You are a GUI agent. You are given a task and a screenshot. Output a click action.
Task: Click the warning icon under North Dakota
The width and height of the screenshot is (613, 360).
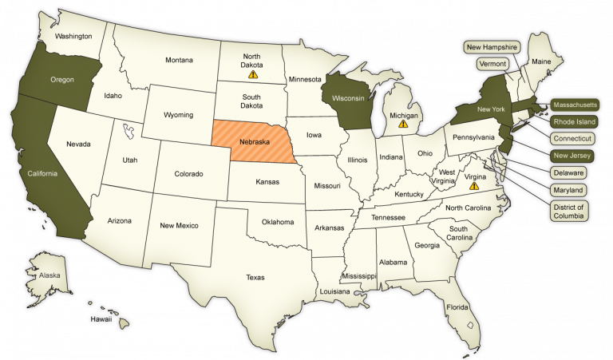click(253, 74)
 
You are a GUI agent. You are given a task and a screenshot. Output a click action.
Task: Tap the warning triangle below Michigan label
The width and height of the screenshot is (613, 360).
click(403, 125)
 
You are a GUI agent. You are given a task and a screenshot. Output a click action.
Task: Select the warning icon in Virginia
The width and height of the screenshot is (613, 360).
click(474, 186)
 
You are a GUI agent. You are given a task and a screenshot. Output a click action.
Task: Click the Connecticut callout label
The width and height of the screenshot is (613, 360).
click(572, 138)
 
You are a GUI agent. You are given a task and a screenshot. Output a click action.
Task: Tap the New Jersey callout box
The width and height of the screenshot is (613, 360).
click(572, 155)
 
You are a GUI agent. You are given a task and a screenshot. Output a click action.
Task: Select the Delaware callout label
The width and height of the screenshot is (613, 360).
click(568, 172)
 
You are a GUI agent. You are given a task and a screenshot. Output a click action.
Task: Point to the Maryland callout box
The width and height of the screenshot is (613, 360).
click(568, 190)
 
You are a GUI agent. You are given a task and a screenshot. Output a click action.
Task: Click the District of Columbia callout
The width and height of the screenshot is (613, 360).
click(568, 212)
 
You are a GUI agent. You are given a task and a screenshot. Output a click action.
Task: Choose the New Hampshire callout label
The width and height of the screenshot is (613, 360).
click(492, 47)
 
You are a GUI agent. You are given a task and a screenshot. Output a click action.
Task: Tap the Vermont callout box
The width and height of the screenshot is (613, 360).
click(492, 63)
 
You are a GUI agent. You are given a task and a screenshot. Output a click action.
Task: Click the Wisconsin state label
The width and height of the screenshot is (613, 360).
click(348, 98)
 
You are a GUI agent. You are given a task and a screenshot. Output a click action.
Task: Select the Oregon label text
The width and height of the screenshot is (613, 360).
click(62, 79)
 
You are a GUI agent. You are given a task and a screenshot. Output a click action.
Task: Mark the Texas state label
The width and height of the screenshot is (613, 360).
click(255, 277)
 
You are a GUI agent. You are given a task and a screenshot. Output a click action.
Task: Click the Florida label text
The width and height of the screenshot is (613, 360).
click(457, 307)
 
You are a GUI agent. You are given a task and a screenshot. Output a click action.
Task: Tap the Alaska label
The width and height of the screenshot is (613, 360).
click(38, 275)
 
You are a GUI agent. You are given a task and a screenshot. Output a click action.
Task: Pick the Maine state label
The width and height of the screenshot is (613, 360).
click(541, 61)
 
